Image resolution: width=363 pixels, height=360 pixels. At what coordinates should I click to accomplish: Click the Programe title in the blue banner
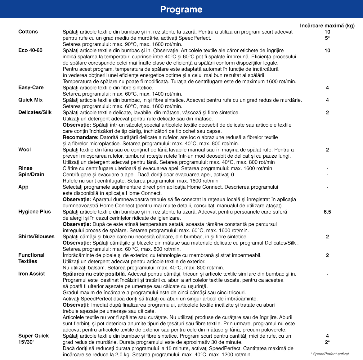click(x=181, y=10)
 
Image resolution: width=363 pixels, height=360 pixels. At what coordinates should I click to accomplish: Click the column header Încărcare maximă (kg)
click(x=327, y=26)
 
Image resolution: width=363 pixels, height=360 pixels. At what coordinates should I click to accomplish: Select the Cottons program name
click(x=28, y=32)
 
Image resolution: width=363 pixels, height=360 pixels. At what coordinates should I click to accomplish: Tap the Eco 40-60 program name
click(x=30, y=50)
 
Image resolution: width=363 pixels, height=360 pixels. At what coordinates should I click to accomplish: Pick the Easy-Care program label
click(x=31, y=88)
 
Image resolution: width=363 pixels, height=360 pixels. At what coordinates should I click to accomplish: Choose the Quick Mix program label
click(x=30, y=100)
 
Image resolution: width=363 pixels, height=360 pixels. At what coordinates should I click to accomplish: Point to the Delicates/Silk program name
click(x=35, y=112)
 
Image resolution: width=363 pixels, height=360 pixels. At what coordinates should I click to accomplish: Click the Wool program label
click(x=25, y=150)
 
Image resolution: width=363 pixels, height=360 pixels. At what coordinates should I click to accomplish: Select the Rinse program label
click(x=25, y=168)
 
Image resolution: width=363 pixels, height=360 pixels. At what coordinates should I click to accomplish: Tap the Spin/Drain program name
click(x=31, y=174)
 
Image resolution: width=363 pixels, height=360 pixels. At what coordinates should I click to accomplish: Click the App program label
click(x=23, y=187)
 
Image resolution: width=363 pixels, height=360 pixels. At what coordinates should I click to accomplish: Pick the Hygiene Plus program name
click(x=34, y=212)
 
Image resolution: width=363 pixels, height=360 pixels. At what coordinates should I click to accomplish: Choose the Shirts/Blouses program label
click(x=36, y=236)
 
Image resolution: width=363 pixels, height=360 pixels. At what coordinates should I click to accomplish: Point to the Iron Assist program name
click(x=32, y=274)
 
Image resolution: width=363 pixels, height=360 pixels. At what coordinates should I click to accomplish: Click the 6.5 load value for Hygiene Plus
click(x=327, y=212)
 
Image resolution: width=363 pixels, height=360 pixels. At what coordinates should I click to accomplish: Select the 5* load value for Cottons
click(x=327, y=38)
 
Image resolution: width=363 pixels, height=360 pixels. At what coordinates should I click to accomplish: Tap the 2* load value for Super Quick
click(x=327, y=342)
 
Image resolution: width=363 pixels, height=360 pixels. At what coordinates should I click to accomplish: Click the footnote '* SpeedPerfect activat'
click(x=329, y=354)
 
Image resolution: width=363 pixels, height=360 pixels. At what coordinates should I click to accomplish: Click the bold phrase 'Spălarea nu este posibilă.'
click(x=94, y=274)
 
